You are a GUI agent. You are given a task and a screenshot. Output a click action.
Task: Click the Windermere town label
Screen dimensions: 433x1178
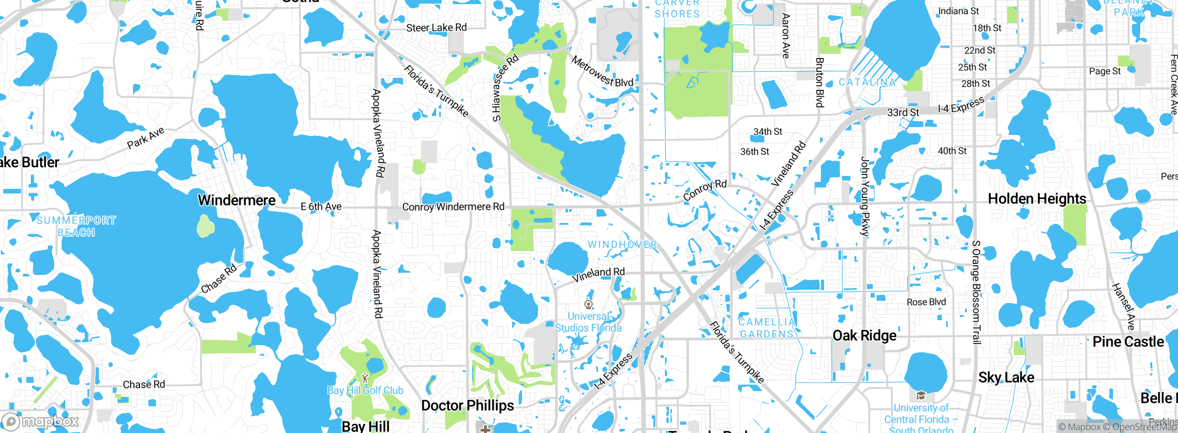[237, 200]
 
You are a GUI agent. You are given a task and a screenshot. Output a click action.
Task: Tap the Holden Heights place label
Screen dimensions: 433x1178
[1037, 199]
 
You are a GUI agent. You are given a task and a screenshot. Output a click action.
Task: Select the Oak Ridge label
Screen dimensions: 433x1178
[864, 336]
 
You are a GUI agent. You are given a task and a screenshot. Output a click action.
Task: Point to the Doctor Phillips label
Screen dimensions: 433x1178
[468, 406]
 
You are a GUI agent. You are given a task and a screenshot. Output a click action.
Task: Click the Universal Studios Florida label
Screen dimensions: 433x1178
[588, 322]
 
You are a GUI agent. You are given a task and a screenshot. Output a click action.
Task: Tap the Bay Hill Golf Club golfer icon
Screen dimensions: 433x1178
[365, 379]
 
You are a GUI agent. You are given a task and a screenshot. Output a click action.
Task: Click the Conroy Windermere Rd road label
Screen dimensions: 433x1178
[453, 207]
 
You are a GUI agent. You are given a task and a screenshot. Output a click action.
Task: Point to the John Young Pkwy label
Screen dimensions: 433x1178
[865, 197]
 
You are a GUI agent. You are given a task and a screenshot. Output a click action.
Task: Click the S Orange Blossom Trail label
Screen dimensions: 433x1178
[976, 292]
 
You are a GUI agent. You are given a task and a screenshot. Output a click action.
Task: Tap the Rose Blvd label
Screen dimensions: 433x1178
[926, 302]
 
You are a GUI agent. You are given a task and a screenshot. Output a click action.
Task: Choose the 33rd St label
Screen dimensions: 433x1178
[903, 112]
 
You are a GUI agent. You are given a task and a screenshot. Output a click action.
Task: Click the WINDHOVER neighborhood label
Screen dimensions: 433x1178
[622, 245]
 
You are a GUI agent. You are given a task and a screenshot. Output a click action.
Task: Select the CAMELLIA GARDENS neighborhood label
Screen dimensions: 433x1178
[767, 328]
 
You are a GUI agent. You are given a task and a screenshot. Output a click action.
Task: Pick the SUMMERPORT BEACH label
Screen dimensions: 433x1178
[76, 226]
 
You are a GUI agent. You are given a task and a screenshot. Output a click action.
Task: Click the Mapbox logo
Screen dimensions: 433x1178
[40, 421]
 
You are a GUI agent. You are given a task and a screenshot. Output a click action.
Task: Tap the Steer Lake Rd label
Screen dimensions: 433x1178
[436, 28]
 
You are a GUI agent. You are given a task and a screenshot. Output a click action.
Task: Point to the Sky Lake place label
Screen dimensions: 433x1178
[1006, 378]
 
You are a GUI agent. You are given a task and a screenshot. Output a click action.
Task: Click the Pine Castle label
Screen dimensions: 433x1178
[1128, 342]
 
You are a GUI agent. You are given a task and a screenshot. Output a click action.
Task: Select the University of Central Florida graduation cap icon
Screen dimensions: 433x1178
[921, 395]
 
